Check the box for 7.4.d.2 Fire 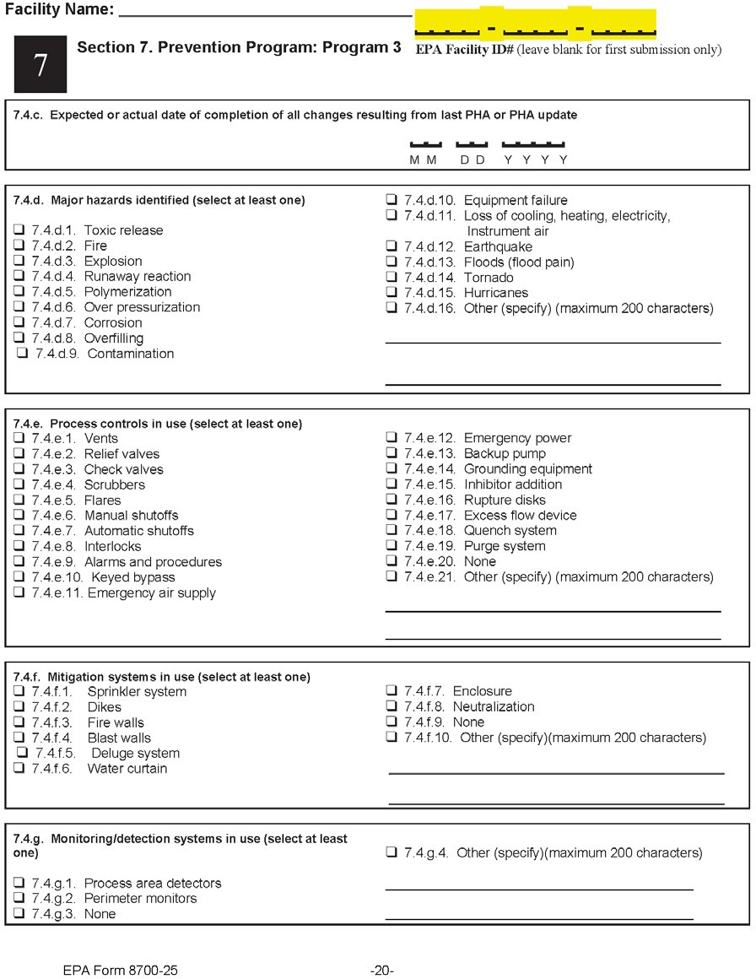(x=19, y=246)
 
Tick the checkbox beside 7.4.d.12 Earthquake (x=391, y=246)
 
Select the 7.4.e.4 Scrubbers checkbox (x=19, y=484)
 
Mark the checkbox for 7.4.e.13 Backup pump (x=391, y=453)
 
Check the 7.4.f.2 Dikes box (x=19, y=707)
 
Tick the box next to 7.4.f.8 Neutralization (x=391, y=706)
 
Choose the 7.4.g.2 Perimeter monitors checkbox (x=19, y=899)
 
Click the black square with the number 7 (x=40, y=65)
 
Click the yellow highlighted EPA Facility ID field (x=535, y=24)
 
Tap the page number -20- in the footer (x=382, y=971)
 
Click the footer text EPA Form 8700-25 (x=121, y=971)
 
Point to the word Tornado (x=489, y=278)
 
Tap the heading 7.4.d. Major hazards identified (x=159, y=201)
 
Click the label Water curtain (x=127, y=769)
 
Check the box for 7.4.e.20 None (x=391, y=561)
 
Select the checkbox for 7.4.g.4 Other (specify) (x=391, y=852)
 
